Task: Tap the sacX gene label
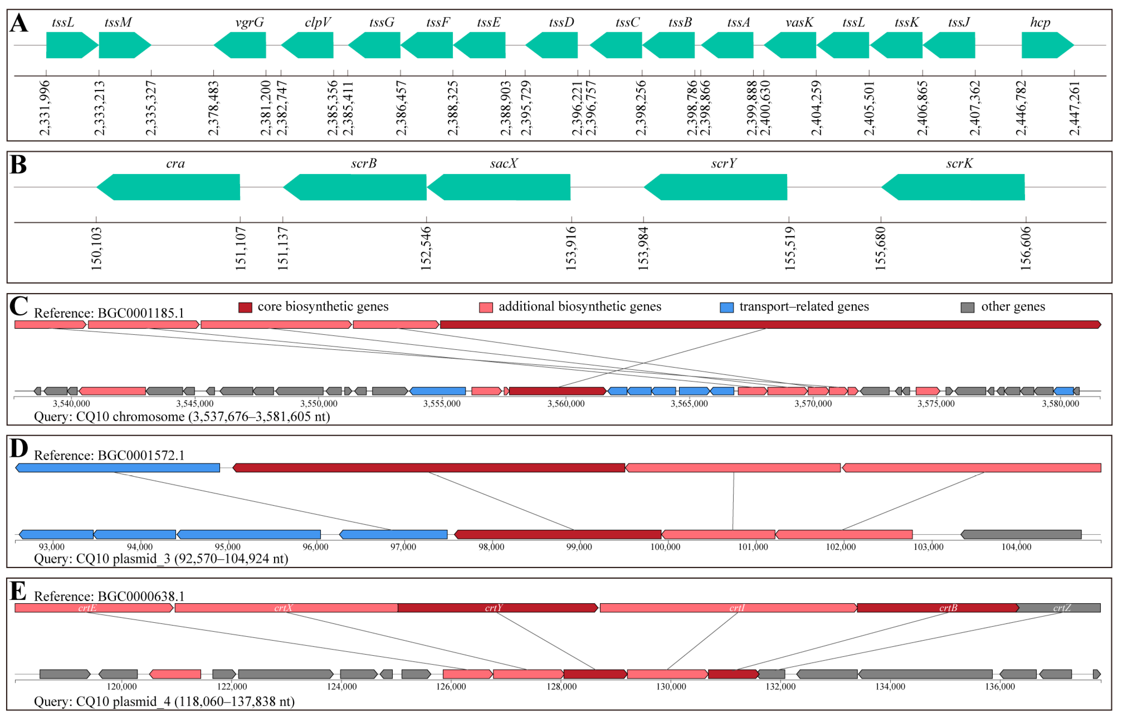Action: click(504, 163)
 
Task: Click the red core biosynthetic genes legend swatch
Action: click(245, 308)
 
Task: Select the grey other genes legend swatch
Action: click(967, 308)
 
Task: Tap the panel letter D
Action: click(19, 449)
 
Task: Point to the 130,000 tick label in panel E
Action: click(671, 687)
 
